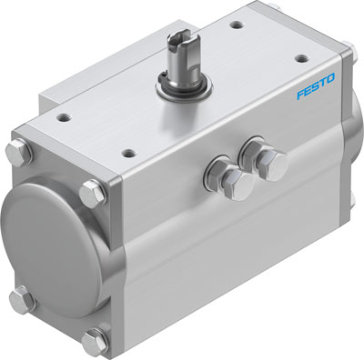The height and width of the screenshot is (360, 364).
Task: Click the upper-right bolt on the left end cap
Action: [x=93, y=191]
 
